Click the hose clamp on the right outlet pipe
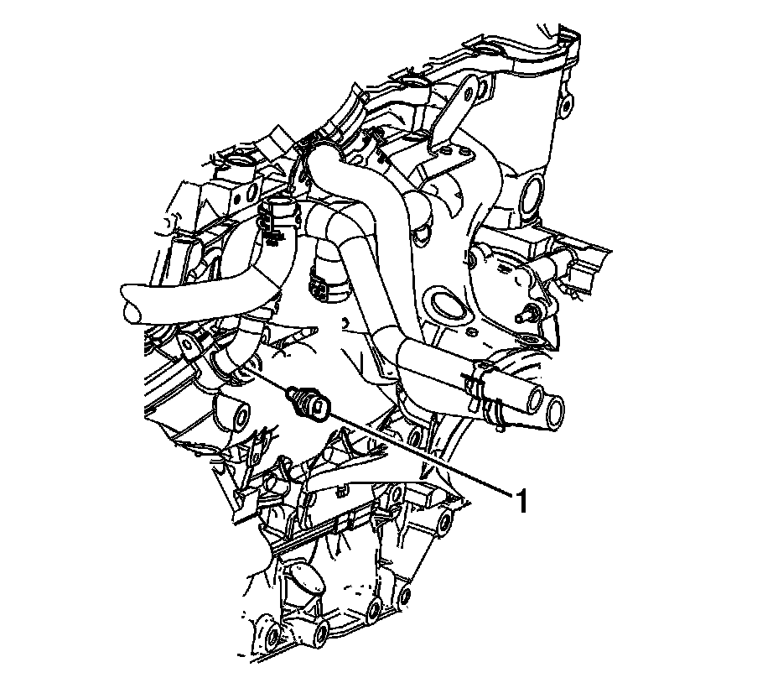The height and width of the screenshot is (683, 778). click(x=484, y=392)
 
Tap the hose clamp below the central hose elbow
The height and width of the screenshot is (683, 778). click(x=324, y=284)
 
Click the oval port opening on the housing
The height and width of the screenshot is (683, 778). click(x=445, y=306)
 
